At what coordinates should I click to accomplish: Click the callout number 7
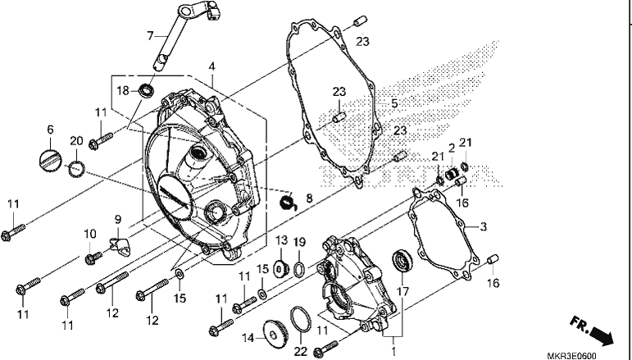[150, 36]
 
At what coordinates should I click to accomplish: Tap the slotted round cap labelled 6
[50, 159]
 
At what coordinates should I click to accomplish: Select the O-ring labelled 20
[76, 168]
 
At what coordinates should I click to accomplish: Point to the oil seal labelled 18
[146, 90]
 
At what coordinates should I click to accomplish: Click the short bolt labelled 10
[94, 257]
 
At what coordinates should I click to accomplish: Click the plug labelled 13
[281, 268]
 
